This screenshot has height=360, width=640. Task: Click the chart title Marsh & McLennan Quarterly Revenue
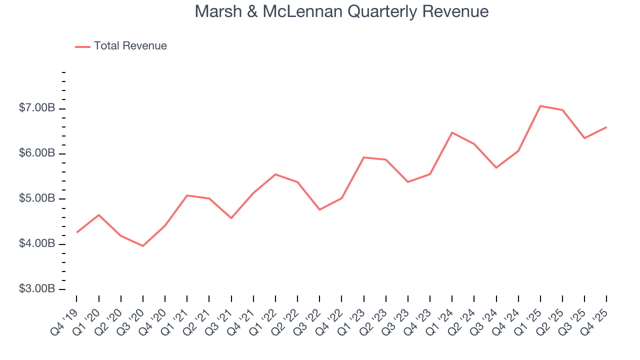(x=341, y=11)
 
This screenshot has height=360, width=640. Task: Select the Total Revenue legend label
(x=130, y=46)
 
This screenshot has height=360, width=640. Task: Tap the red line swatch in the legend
(x=82, y=46)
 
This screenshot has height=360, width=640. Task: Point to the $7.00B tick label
(x=37, y=108)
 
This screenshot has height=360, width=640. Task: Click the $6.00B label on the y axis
(x=37, y=153)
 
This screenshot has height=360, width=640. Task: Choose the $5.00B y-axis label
(x=37, y=198)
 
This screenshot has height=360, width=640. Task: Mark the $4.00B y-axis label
(x=37, y=244)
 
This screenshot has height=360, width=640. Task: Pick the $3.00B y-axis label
(x=37, y=289)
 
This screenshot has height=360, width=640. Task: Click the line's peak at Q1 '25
(x=540, y=106)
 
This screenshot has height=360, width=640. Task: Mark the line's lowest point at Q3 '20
(x=143, y=245)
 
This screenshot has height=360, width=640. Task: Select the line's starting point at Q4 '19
(x=76, y=232)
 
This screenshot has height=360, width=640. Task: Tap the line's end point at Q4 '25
(x=606, y=127)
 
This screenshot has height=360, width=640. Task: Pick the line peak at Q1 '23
(x=363, y=157)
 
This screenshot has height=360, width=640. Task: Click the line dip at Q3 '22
(x=319, y=209)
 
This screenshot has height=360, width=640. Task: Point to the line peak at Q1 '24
(x=452, y=132)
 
